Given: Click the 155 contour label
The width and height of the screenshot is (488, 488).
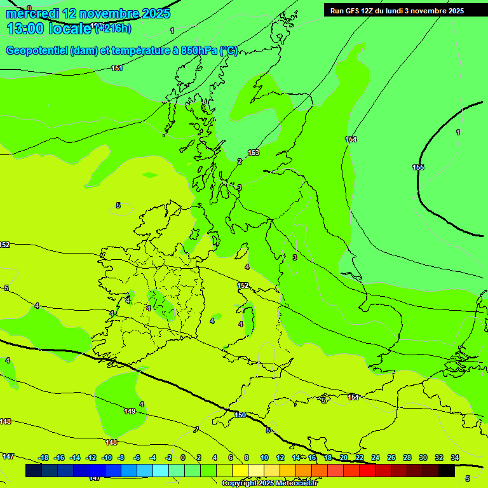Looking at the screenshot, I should point(418,167).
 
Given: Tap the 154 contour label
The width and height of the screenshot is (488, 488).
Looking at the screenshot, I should point(351,139).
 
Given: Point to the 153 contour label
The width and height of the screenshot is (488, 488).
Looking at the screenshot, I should point(254,152).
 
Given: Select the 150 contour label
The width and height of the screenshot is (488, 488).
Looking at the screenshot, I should point(240,415).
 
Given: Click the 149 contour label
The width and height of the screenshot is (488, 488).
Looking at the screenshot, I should point(130,411).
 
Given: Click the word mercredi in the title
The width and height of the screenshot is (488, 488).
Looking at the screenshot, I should point(35,13).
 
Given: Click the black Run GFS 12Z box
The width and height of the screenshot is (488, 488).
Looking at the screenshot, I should point(396,11).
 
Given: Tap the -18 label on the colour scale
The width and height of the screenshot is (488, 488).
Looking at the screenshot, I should point(44,457).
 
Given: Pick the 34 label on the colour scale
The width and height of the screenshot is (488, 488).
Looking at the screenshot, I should point(455,457).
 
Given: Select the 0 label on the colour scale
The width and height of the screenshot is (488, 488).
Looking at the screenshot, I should point(183,457).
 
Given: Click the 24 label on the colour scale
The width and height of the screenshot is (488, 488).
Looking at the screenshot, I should point(376,457).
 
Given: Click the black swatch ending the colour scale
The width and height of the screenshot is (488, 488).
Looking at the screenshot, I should point(447,470).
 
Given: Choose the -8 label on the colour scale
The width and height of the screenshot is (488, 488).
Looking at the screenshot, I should point(121,457).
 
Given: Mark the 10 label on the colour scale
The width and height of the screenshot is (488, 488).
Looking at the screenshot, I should point(264,457).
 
